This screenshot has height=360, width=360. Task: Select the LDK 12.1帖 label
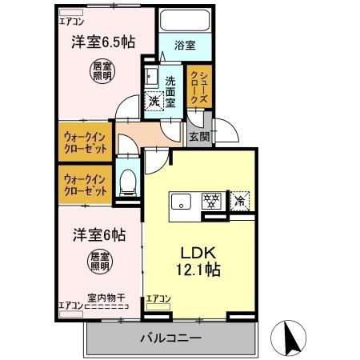click(x=198, y=261)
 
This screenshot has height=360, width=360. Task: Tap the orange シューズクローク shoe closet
click(x=199, y=87)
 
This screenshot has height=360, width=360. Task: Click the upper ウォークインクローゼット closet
click(x=85, y=141)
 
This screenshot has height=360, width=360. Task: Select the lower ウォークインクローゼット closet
click(x=85, y=186)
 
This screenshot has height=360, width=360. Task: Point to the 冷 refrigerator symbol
click(x=238, y=202)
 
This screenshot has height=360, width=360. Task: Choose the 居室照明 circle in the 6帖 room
click(x=100, y=262)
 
